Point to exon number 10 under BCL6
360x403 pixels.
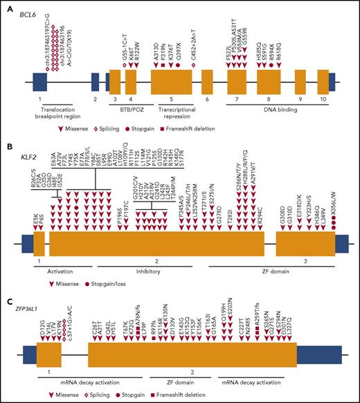tap(323, 100)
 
